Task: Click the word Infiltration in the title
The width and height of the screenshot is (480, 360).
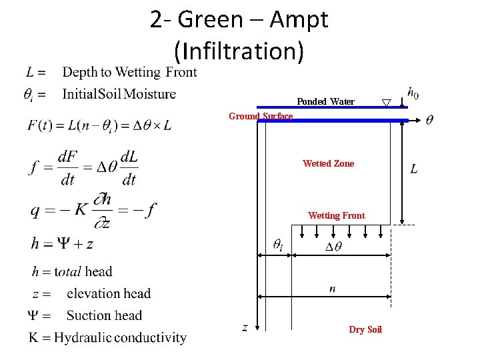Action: [x=239, y=51]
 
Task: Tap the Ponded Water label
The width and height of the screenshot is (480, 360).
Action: [x=325, y=101]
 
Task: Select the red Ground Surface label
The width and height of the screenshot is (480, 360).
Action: [x=261, y=116]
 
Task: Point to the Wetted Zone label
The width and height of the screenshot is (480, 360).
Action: [x=328, y=163]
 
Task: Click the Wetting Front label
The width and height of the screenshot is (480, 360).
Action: [x=336, y=215]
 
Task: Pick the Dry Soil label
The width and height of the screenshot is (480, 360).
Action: [x=365, y=329]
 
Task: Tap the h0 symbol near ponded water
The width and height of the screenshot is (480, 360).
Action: [x=413, y=93]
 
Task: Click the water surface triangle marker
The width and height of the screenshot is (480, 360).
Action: [x=386, y=103]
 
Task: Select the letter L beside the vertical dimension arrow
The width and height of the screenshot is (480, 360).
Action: [x=414, y=169]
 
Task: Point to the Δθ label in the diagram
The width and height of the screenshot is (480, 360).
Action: [x=333, y=247]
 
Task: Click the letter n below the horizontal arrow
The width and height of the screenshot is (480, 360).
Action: [x=332, y=289]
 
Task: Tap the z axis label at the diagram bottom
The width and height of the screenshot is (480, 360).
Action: [x=245, y=327]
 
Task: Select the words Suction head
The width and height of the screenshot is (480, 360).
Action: [x=104, y=315]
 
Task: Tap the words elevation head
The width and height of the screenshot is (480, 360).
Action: [x=109, y=293]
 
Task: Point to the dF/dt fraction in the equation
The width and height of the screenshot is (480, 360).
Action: [x=67, y=167]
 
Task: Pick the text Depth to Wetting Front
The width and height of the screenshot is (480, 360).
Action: [x=129, y=72]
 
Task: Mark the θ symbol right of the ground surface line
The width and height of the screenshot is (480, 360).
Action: [x=430, y=120]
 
